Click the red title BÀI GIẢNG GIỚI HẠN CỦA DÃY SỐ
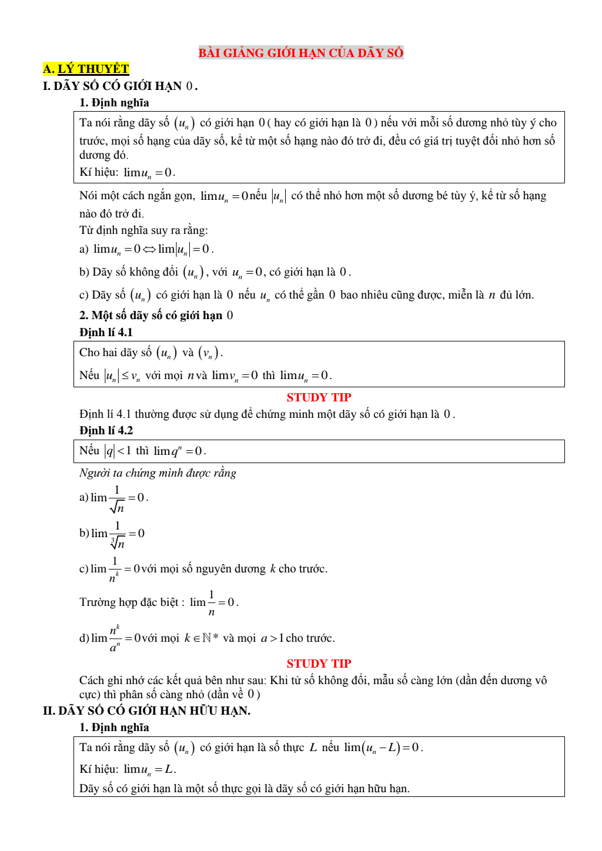pos(301,53)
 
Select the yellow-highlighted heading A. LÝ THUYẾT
pos(86,69)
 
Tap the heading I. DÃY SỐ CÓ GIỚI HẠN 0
pos(120,86)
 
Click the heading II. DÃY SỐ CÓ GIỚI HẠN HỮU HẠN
pos(146,711)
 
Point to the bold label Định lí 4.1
pos(106,332)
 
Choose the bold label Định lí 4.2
pos(106,430)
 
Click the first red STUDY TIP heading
pos(319,397)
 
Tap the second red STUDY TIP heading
pos(319,664)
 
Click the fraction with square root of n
pos(117,499)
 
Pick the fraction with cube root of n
pos(118,535)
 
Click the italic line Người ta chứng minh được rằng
pos(158,473)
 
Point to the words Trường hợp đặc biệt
pos(129,602)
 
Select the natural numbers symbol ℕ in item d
pos(206,638)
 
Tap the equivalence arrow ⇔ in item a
pos(149,249)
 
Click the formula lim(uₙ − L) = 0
pos(383,748)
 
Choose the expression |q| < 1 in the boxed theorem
pos(118,451)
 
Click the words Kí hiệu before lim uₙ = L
pos(98,769)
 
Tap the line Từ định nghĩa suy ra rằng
pos(143,230)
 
